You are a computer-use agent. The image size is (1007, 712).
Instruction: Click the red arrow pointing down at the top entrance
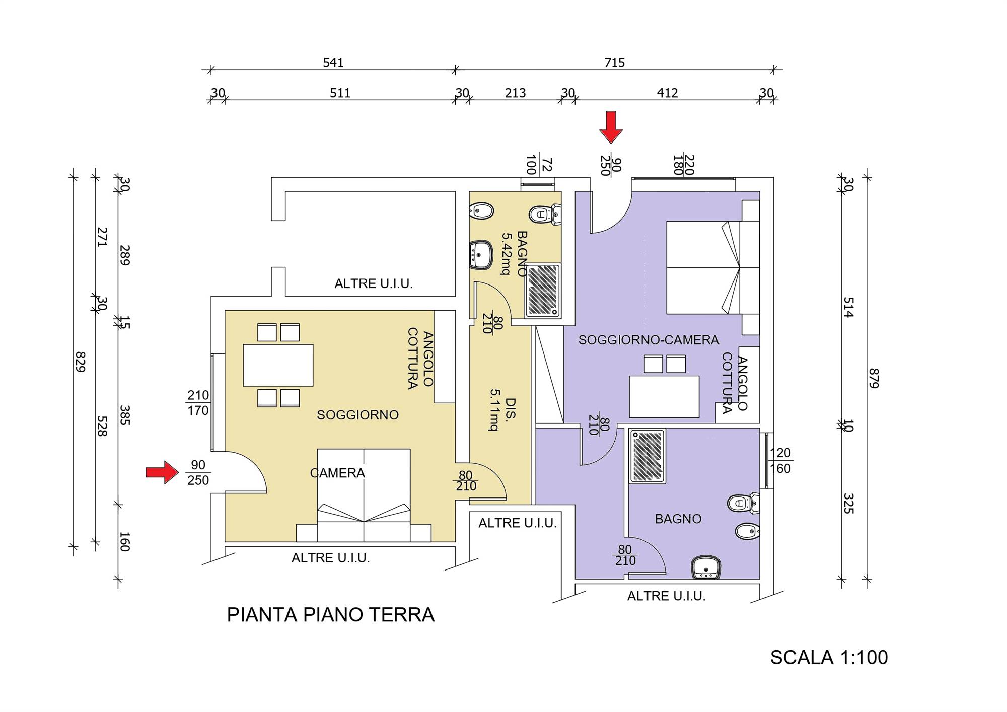[x=611, y=127]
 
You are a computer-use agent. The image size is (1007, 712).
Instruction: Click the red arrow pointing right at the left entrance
[x=162, y=472]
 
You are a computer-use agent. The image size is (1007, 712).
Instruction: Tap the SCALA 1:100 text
[x=829, y=658]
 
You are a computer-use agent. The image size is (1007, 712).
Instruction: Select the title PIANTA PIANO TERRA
[x=330, y=615]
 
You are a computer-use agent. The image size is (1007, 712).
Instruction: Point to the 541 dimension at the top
[x=333, y=63]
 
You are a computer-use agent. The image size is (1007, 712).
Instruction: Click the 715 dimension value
[x=614, y=63]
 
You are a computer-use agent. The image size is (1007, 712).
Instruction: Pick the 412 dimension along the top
[x=667, y=93]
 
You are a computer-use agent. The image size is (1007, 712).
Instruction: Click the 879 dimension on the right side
[x=874, y=378]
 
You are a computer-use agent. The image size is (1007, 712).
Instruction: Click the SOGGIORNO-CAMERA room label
[x=649, y=340]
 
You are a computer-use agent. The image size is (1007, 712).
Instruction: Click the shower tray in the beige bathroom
[x=543, y=291]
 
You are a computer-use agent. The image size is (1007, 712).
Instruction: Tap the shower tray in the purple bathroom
[x=648, y=456]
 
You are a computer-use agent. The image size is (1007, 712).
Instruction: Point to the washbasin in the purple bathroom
[x=706, y=567]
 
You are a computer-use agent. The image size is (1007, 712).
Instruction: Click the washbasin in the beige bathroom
[x=481, y=255]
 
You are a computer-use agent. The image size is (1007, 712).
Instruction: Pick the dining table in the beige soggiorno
[x=278, y=365]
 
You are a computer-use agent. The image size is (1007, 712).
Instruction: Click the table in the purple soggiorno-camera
[x=664, y=397]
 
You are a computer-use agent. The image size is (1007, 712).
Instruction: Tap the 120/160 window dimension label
[x=780, y=461]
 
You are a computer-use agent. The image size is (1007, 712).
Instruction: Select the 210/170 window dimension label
[x=198, y=403]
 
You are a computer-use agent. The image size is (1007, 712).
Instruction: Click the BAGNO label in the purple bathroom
[x=678, y=519]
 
